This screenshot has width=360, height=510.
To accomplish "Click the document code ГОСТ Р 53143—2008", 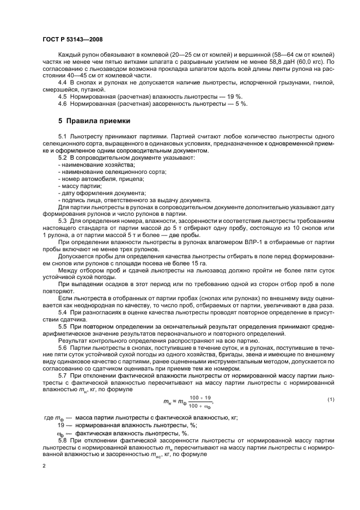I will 72,39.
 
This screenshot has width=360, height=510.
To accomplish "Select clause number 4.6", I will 63,104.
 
